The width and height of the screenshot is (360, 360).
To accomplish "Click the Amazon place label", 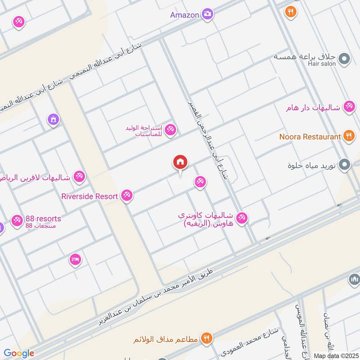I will [184, 15].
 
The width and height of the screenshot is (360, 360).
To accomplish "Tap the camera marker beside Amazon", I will [207, 14].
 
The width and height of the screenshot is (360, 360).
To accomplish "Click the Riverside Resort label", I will [90, 196].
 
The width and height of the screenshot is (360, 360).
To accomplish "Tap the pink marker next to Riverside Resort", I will [127, 196].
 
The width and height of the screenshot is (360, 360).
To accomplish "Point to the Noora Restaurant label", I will [310, 136].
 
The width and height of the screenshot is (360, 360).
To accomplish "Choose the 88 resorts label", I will [43, 219].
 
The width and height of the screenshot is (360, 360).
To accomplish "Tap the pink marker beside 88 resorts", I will [18, 220].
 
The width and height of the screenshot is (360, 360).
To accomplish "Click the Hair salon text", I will [322, 64].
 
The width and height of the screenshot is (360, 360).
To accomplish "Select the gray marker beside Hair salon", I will [344, 59].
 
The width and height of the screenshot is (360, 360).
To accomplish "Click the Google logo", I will [19, 353].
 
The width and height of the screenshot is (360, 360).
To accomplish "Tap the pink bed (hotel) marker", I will [75, 259].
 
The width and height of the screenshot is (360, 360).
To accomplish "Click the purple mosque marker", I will [54, 120].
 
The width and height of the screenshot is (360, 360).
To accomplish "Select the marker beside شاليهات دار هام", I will [348, 107].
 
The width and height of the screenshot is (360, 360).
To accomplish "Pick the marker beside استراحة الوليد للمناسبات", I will [170, 130].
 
